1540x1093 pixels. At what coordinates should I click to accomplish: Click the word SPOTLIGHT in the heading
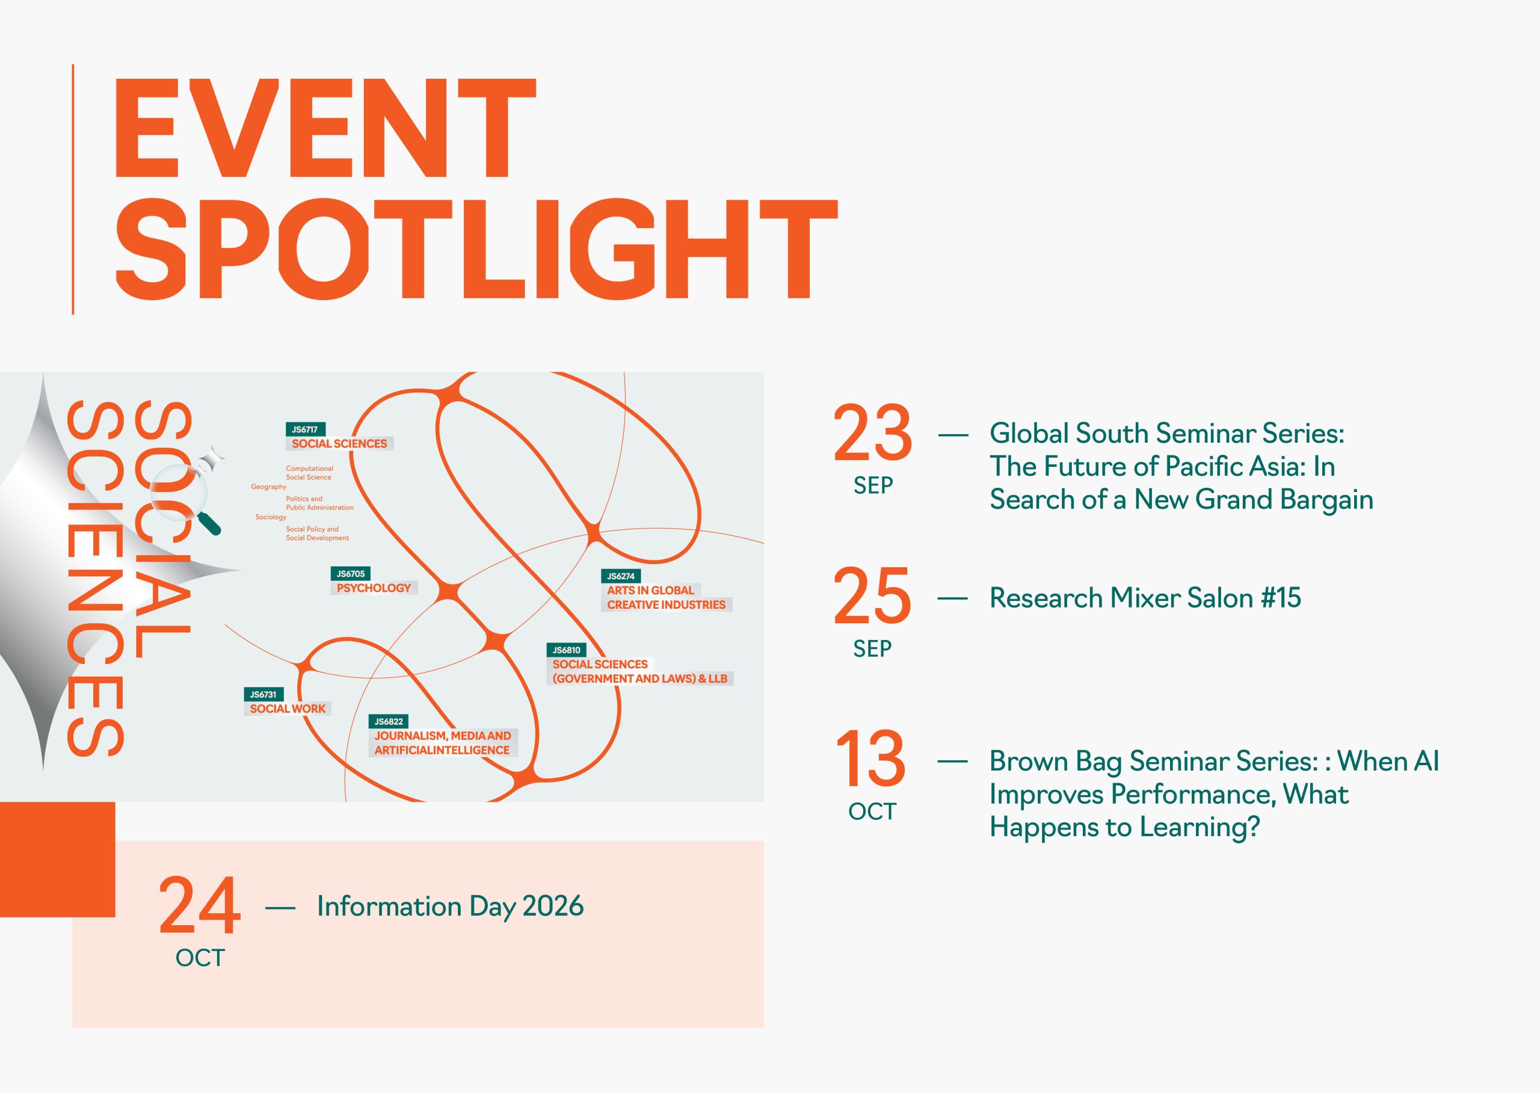[476, 249]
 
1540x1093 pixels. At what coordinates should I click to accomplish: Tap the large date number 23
[872, 433]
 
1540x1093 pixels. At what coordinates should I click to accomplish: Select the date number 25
[872, 596]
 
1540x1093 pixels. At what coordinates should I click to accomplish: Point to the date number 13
[871, 759]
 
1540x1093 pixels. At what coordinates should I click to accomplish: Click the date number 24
[199, 906]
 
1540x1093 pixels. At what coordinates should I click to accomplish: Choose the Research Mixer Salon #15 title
[1145, 598]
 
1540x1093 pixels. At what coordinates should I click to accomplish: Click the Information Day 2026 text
[451, 907]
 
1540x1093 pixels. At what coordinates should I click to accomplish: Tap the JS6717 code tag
[306, 430]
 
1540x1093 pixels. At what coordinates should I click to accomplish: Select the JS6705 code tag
[351, 573]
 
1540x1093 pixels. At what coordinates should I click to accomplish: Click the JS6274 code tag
[621, 576]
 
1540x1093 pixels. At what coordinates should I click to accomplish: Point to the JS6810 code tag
[566, 650]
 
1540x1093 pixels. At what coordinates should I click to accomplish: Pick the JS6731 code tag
[263, 695]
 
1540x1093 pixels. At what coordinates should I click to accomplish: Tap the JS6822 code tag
[389, 721]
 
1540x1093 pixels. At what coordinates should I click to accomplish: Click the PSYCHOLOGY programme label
[374, 588]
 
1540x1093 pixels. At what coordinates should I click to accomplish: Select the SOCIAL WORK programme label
[288, 709]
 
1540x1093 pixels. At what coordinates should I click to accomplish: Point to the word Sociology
[271, 517]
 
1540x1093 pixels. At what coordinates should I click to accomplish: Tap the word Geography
[268, 487]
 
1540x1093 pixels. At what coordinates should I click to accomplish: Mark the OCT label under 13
[872, 811]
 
